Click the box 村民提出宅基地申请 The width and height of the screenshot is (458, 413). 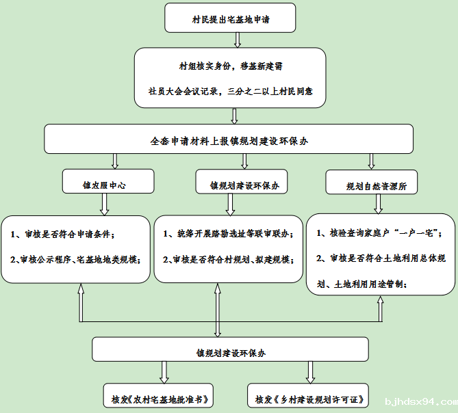coord(230,18)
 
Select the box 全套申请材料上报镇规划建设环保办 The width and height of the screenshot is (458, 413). coord(229,139)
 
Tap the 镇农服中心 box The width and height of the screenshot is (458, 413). coord(108,181)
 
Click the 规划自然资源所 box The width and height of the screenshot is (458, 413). coord(372,182)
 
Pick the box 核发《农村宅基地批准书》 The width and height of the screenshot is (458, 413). coord(158,395)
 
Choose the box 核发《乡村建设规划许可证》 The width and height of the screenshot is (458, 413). coord(308,395)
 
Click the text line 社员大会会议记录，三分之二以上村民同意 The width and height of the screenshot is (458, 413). coord(231,92)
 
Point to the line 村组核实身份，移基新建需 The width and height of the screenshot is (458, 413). coord(231,66)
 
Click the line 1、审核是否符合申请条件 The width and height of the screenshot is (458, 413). coord(62,234)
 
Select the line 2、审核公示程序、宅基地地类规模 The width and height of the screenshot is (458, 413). coord(75,259)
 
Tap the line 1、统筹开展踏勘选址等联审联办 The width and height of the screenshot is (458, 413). coord(228,234)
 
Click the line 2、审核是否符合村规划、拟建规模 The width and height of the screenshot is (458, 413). coord(228,259)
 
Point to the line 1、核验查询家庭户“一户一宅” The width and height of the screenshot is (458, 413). coord(379,232)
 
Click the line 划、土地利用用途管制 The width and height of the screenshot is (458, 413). coord(361,284)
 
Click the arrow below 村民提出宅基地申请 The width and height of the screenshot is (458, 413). coord(238,40)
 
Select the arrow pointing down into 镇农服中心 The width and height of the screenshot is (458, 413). coord(115,161)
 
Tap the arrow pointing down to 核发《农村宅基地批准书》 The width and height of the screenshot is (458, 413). coord(164,373)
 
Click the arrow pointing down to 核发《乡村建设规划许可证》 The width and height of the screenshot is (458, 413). coord(310,373)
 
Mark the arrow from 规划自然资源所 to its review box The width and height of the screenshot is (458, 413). coord(379,204)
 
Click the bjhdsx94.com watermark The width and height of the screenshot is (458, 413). coord(421,402)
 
